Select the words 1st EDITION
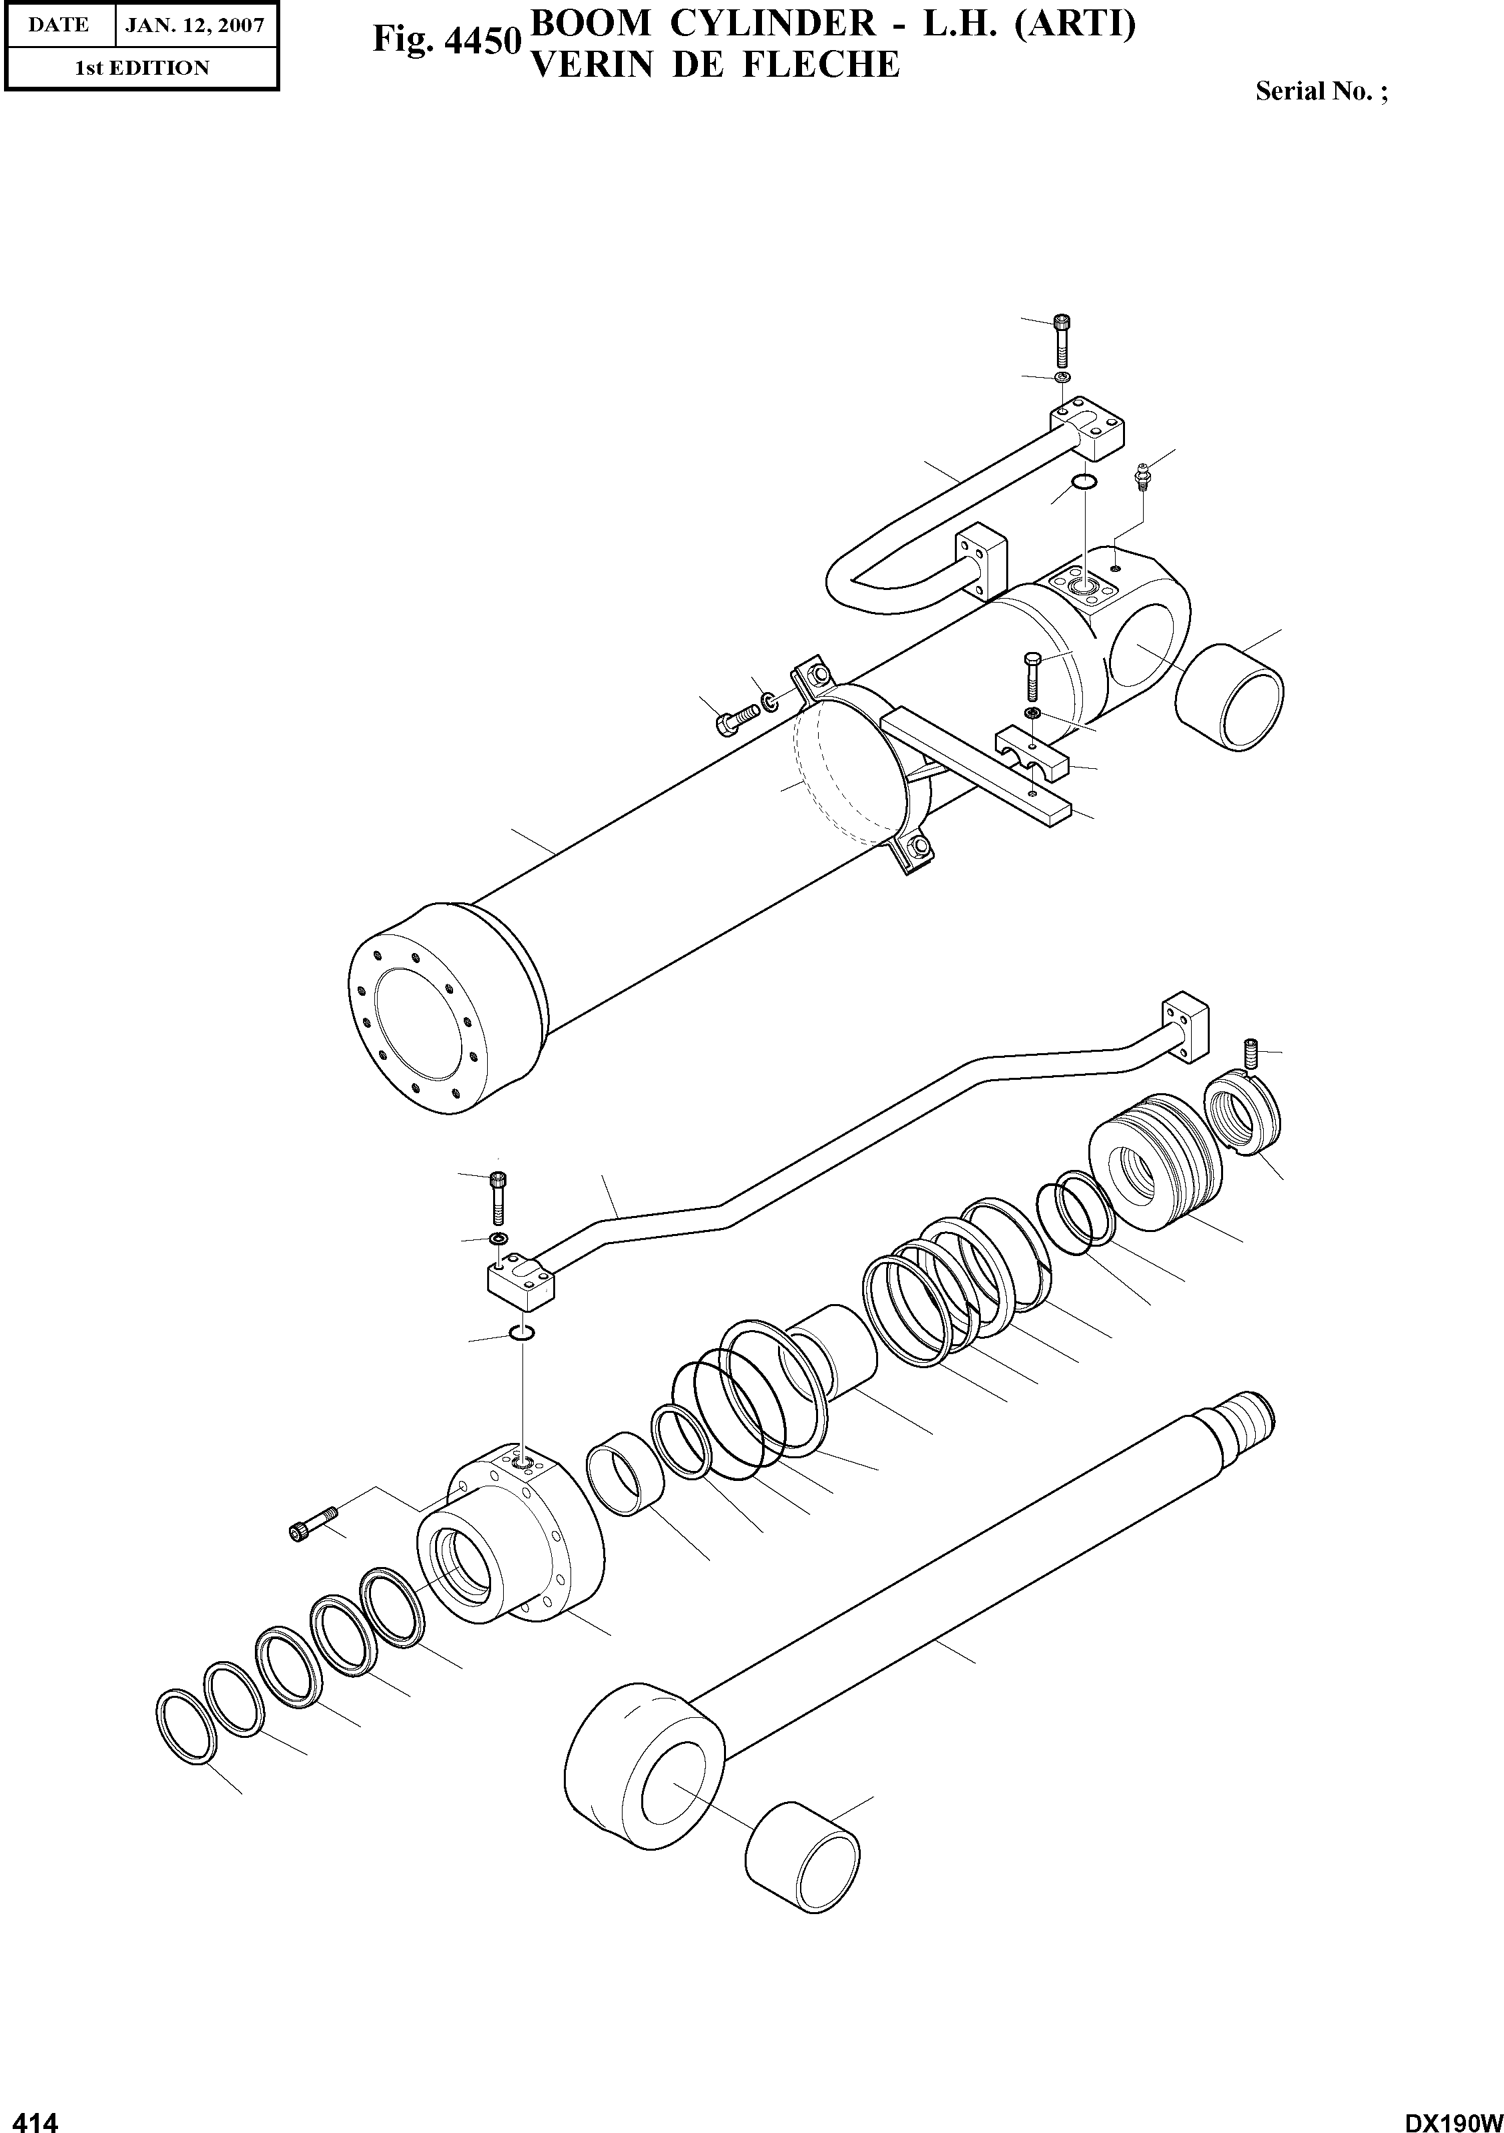[x=141, y=68]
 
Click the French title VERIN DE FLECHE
[x=713, y=65]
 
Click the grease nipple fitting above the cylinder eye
[x=1142, y=477]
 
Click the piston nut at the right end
[x=1243, y=1114]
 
